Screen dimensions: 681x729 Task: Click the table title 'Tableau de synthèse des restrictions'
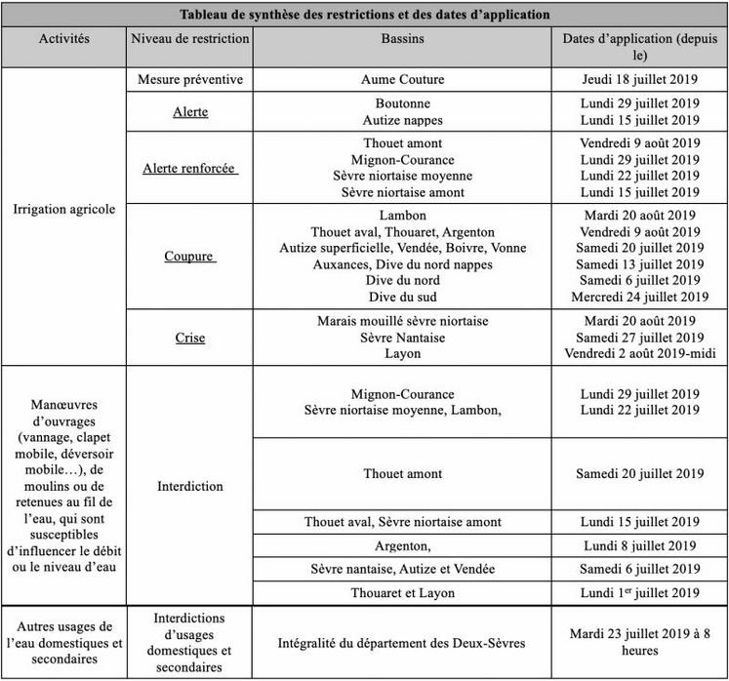365,15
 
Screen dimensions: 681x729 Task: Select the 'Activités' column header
64,39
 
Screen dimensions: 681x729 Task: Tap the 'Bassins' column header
402,39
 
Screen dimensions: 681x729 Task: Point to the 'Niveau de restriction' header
189,39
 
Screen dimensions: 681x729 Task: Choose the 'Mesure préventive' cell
189,80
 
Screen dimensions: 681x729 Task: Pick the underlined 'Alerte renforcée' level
189,167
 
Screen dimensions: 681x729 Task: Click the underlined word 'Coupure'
189,256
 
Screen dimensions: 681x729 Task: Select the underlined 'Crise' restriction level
189,337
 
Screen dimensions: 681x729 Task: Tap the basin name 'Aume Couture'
402,80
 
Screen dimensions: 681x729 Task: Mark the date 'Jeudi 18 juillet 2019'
638,80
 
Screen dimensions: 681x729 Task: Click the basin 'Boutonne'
402,103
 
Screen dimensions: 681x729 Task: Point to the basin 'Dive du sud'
402,297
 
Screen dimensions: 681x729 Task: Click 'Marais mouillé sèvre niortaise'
402,320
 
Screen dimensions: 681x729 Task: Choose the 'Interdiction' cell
189,486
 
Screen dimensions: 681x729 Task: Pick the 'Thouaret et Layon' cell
402,592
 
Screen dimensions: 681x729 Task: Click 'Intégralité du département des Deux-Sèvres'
402,642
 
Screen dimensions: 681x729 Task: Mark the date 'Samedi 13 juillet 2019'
638,263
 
